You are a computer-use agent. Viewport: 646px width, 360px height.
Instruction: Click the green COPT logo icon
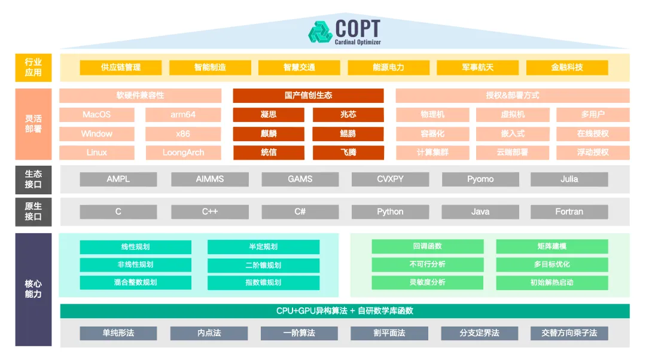coord(320,31)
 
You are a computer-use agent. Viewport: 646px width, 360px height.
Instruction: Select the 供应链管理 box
coord(121,68)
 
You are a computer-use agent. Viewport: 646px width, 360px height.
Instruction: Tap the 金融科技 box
coord(566,68)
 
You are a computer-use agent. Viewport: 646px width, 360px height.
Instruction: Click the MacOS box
coord(97,115)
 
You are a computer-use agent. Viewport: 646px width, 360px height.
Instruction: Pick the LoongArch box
coord(183,152)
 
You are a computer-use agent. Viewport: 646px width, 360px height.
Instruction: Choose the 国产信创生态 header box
coord(308,96)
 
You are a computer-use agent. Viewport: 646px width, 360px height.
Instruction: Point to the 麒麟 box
coord(269,134)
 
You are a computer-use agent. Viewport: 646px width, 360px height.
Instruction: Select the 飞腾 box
coord(348,152)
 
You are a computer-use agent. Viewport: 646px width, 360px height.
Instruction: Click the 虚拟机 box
coord(513,115)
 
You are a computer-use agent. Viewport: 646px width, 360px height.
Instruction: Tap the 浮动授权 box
coord(593,152)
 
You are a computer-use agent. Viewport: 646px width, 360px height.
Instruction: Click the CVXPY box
coord(390,179)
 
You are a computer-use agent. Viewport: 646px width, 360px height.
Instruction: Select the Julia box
coord(569,179)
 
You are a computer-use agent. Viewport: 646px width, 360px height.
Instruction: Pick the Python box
coord(390,212)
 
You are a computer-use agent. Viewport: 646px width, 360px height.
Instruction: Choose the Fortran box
coord(569,212)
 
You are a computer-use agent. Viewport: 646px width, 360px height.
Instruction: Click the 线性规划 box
coord(135,247)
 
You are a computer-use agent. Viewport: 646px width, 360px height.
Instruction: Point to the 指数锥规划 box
coord(263,282)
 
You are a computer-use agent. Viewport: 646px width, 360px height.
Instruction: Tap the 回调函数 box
coord(427,246)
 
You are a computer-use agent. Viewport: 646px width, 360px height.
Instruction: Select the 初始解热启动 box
coord(551,282)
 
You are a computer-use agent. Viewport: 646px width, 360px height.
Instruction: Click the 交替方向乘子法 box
coord(569,333)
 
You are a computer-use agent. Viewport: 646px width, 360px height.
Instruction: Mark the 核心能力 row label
coord(33,289)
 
